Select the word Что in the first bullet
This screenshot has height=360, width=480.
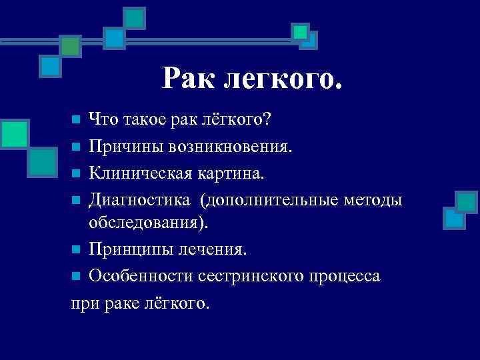[103, 121]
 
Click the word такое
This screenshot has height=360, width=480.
[143, 121]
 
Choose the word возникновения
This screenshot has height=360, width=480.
[227, 145]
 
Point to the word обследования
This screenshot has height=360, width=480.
[146, 223]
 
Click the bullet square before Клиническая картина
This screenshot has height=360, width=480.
[76, 175]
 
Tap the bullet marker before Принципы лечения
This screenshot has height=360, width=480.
[76, 251]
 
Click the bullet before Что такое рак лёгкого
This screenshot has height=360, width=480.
[76, 121]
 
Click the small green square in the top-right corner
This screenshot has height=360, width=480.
[301, 31]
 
